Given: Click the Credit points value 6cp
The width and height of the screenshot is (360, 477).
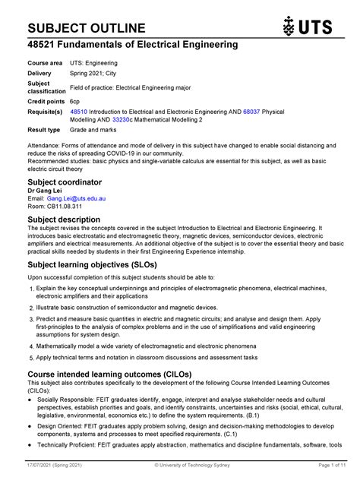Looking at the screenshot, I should pos(75,100).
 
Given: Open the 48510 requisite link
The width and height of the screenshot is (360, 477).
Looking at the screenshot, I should pos(79,111).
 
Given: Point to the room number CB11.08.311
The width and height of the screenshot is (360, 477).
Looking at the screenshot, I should pos(65,207).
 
